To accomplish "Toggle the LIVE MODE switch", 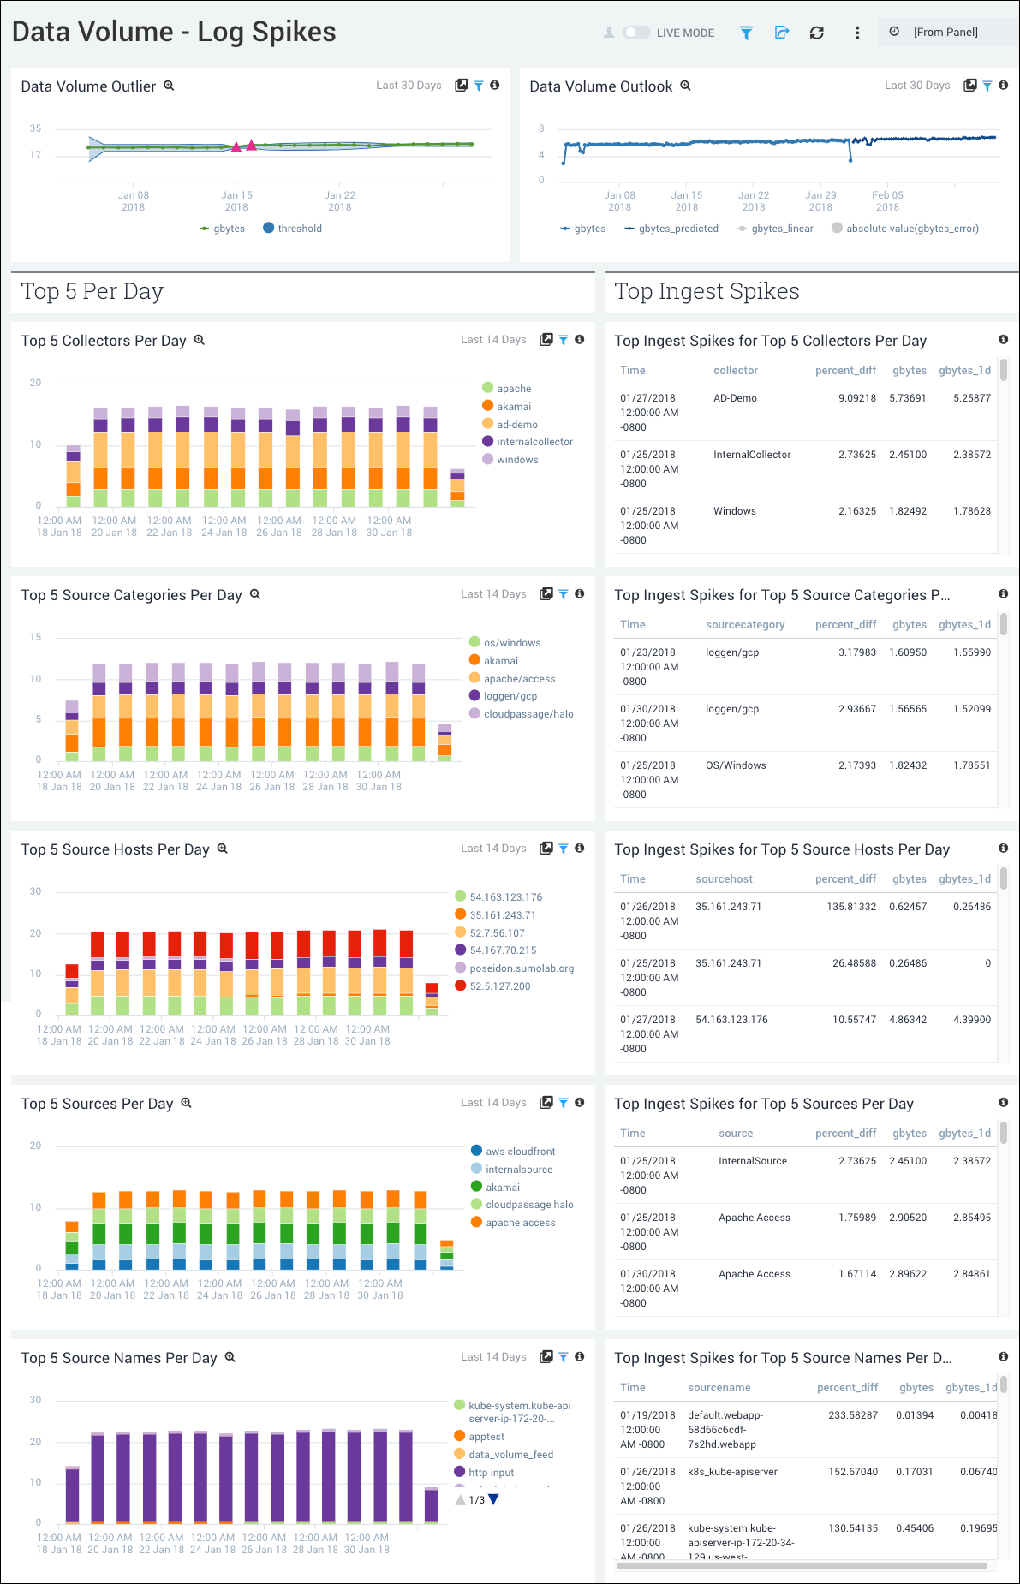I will pos(636,33).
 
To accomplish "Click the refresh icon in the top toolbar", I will pos(816,33).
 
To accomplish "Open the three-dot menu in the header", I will pos(856,33).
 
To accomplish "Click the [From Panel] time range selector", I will pos(945,33).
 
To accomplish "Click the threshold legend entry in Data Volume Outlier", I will pos(299,229).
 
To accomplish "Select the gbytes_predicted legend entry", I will pos(677,229).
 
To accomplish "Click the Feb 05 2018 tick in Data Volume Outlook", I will pos(887,200).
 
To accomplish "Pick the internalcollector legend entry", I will pos(534,442).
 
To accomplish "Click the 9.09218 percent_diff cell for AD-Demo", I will pos(856,398).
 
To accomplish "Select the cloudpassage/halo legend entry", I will pos(528,714).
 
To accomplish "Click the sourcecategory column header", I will pos(744,625).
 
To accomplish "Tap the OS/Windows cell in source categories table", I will pos(736,765).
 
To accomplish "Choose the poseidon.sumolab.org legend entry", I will pos(521,968).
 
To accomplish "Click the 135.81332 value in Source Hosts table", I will pos(850,907).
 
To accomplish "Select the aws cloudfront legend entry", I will pos(520,1152).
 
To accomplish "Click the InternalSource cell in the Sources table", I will pos(752,1161).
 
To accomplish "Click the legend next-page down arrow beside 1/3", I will pos(493,1499).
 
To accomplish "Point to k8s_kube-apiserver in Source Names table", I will pos(732,1472).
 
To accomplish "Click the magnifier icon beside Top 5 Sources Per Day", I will pos(186,1103).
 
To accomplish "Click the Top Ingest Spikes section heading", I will pos(707,292).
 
